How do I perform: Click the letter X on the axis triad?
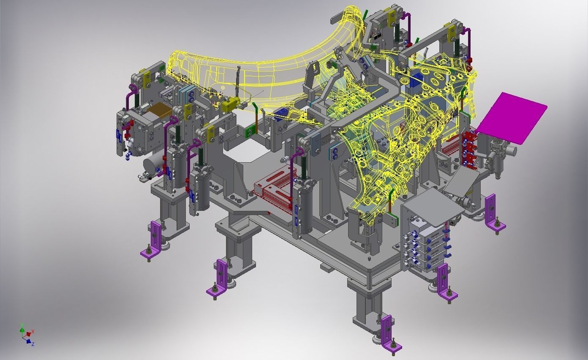click(x=33, y=331)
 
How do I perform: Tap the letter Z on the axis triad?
click(x=33, y=344)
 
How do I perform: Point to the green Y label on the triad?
click(x=22, y=325)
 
